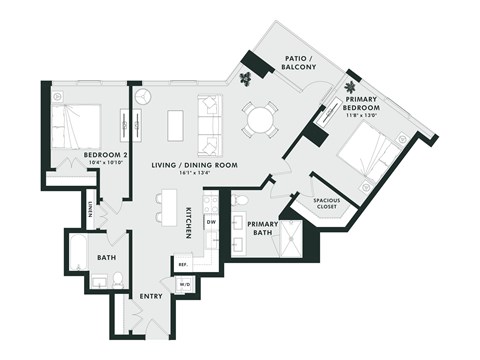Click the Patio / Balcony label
pos(299,62)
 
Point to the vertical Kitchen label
pos(188,223)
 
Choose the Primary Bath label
pos(262,229)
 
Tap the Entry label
pos(152,296)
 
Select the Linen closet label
pos(90,210)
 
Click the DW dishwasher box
pos(210,223)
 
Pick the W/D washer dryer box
pos(185,284)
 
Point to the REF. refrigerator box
pos(182,264)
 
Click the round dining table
pos(259,120)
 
